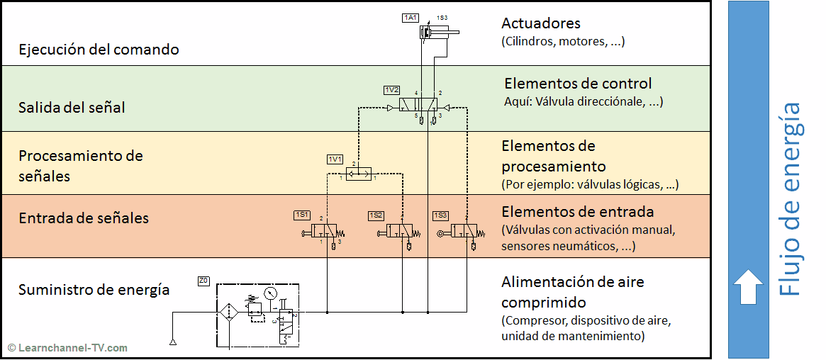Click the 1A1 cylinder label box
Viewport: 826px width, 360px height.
tap(411, 18)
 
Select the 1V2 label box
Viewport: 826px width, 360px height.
tap(391, 90)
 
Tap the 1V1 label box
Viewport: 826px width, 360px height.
tap(335, 159)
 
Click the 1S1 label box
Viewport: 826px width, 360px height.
tap(302, 215)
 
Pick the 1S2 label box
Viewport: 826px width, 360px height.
tap(376, 215)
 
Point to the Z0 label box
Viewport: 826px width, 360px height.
tap(203, 281)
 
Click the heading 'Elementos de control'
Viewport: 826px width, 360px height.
tap(578, 84)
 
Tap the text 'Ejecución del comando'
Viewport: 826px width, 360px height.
tap(99, 50)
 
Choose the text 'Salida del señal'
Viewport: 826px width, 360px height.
tap(72, 108)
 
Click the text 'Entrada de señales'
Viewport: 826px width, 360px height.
tap(84, 218)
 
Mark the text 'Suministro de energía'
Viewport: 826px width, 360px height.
tap(94, 289)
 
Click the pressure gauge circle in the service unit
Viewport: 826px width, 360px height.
tap(270, 293)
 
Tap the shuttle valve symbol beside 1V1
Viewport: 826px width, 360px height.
tap(358, 171)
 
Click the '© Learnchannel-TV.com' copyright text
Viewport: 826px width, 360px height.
tap(68, 347)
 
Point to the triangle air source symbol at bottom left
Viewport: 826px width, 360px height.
tap(172, 343)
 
